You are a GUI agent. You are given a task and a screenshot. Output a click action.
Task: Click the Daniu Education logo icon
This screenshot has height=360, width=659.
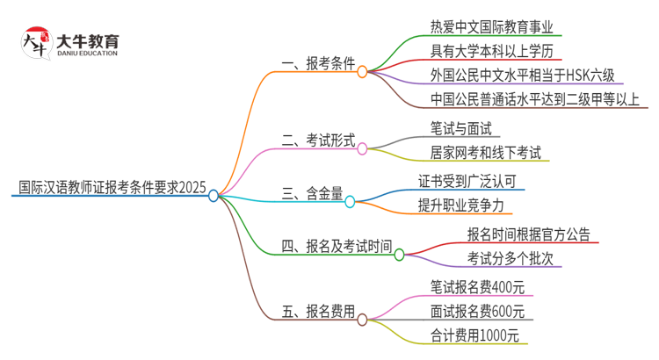pos(35,43)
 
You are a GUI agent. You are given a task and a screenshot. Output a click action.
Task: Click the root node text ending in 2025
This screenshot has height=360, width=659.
pos(112,187)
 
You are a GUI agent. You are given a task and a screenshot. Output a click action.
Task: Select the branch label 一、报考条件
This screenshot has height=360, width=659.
pos(317,64)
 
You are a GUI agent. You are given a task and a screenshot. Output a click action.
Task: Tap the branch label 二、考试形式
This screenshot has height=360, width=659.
pos(317,140)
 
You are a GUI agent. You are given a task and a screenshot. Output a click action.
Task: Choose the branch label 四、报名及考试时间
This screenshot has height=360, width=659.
pos(336,247)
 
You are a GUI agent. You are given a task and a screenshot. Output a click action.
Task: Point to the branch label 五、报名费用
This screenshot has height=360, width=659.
pos(317,311)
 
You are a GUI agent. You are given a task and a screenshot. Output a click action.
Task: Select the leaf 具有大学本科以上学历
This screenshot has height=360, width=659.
pos(492,49)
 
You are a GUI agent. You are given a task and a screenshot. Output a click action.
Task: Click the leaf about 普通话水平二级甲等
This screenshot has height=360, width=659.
pos(535,98)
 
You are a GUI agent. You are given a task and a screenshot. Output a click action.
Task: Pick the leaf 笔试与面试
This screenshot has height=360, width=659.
pos(462,128)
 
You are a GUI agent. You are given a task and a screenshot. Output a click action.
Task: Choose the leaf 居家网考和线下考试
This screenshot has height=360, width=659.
pos(486,153)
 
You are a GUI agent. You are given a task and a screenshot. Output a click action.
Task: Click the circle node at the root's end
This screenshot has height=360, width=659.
pos(214,196)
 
